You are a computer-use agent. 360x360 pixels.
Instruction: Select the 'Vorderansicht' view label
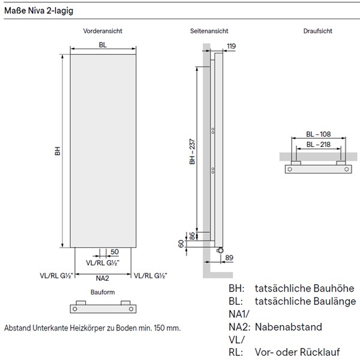(x=103, y=31)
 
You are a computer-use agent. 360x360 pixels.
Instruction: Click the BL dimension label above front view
(x=103, y=45)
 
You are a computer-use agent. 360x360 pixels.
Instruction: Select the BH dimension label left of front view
(x=57, y=151)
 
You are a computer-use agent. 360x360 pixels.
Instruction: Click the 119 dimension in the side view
(x=232, y=46)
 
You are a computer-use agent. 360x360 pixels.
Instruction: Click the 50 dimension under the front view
(x=115, y=251)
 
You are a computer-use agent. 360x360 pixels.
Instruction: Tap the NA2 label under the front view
(x=103, y=278)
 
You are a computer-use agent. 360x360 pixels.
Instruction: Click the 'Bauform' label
(x=103, y=292)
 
